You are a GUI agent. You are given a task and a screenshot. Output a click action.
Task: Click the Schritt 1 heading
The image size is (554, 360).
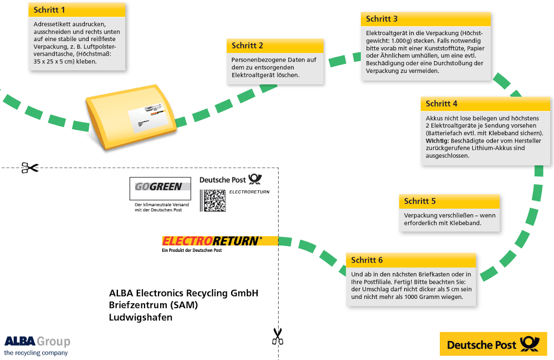point(49,10)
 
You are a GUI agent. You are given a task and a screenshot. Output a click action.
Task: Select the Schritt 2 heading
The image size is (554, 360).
point(247,45)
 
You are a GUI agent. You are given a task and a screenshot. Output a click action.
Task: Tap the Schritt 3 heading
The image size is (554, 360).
point(381,19)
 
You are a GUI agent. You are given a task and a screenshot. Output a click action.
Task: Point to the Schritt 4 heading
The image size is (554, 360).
point(441,103)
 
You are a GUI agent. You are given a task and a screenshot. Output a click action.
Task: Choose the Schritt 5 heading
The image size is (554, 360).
point(420,201)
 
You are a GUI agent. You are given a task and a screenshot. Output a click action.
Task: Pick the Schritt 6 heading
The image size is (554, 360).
point(367,260)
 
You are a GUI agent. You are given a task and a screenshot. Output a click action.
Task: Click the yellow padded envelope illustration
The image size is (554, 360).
point(131,116)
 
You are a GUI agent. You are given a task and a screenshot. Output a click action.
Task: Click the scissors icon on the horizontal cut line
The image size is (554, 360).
point(30,168)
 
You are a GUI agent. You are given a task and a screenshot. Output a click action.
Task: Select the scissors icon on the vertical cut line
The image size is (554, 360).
point(278,336)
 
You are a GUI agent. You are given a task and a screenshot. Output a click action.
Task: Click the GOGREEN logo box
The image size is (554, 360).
point(160,189)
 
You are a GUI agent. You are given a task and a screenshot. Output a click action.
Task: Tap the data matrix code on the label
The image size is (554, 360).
point(213,201)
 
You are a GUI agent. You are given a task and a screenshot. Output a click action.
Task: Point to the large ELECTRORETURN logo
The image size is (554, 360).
point(212,241)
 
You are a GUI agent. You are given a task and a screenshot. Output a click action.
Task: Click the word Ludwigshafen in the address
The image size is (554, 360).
point(141,317)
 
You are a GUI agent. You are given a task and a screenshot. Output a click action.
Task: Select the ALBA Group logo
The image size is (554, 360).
point(37,341)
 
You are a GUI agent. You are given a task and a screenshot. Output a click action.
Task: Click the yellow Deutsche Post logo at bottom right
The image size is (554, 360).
point(493,344)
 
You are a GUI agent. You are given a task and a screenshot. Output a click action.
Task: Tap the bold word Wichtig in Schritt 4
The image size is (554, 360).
point(437,141)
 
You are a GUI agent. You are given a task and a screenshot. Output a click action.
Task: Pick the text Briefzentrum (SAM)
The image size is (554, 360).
point(153,305)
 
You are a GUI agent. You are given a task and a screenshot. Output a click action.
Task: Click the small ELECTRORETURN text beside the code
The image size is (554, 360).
point(249,192)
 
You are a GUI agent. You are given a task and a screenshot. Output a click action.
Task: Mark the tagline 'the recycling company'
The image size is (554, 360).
point(36,352)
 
